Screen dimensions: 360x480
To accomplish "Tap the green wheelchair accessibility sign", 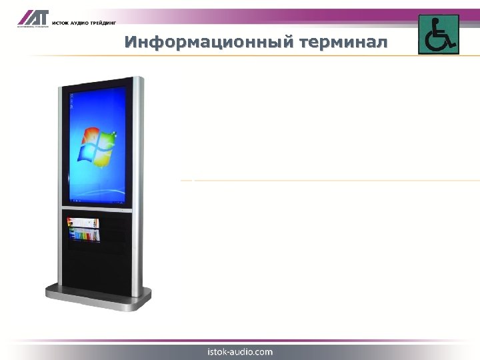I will [438, 34].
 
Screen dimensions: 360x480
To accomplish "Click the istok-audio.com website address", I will [240, 351].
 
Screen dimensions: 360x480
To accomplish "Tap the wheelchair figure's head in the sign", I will [436, 21].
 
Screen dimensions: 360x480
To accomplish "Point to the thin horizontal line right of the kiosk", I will [333, 181].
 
